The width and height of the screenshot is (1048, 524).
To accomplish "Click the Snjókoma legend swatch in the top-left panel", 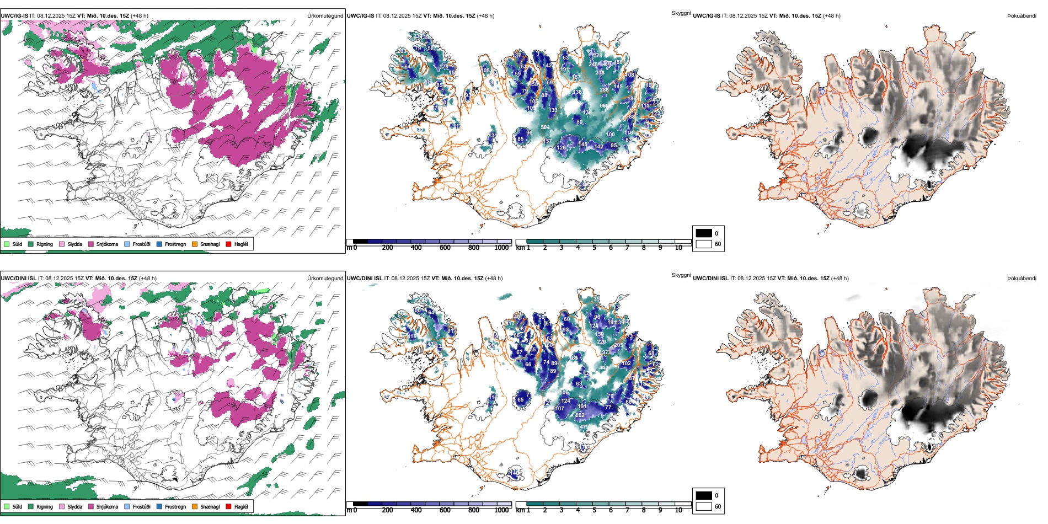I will (91, 244).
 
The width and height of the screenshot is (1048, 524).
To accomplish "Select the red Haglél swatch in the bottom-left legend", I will (228, 506).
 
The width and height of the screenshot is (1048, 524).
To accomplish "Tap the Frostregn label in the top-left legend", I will (175, 244).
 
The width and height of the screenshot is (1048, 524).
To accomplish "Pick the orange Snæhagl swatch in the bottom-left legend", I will (195, 506).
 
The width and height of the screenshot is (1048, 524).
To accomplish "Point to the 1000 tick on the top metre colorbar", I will (501, 248).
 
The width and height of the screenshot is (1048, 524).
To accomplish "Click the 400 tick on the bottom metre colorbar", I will (416, 510).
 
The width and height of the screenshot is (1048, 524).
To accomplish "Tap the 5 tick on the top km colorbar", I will (594, 248).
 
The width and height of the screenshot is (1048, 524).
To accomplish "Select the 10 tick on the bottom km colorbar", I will (678, 510).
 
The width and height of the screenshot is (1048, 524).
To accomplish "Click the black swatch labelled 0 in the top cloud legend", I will (704, 233).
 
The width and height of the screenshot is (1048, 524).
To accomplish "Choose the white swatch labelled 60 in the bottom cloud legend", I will (704, 506).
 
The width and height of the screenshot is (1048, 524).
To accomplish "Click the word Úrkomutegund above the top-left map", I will (325, 16).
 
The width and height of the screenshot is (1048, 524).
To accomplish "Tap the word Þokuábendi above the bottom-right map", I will (1022, 279).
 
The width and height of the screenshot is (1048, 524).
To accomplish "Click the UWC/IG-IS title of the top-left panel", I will (14, 16).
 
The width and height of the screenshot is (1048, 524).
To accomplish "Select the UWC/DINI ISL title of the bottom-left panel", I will (18, 279).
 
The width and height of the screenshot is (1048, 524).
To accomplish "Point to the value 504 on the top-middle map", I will (545, 127).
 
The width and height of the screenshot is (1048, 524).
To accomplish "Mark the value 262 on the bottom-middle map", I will (580, 415).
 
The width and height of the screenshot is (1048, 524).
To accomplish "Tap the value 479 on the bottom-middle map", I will (584, 427).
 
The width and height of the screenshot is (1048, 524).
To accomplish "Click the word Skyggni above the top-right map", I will (681, 13).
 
